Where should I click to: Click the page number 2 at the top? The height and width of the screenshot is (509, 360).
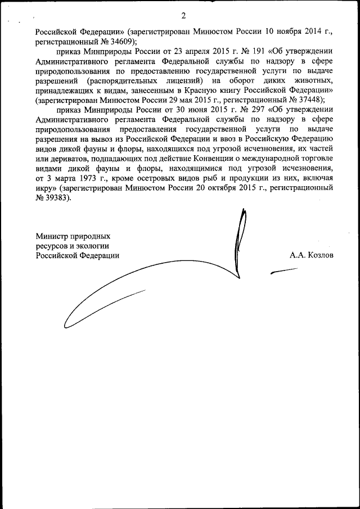coord(183,15)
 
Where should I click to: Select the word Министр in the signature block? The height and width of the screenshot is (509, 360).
coord(52,236)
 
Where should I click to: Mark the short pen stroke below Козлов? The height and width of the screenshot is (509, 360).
coord(284,271)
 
